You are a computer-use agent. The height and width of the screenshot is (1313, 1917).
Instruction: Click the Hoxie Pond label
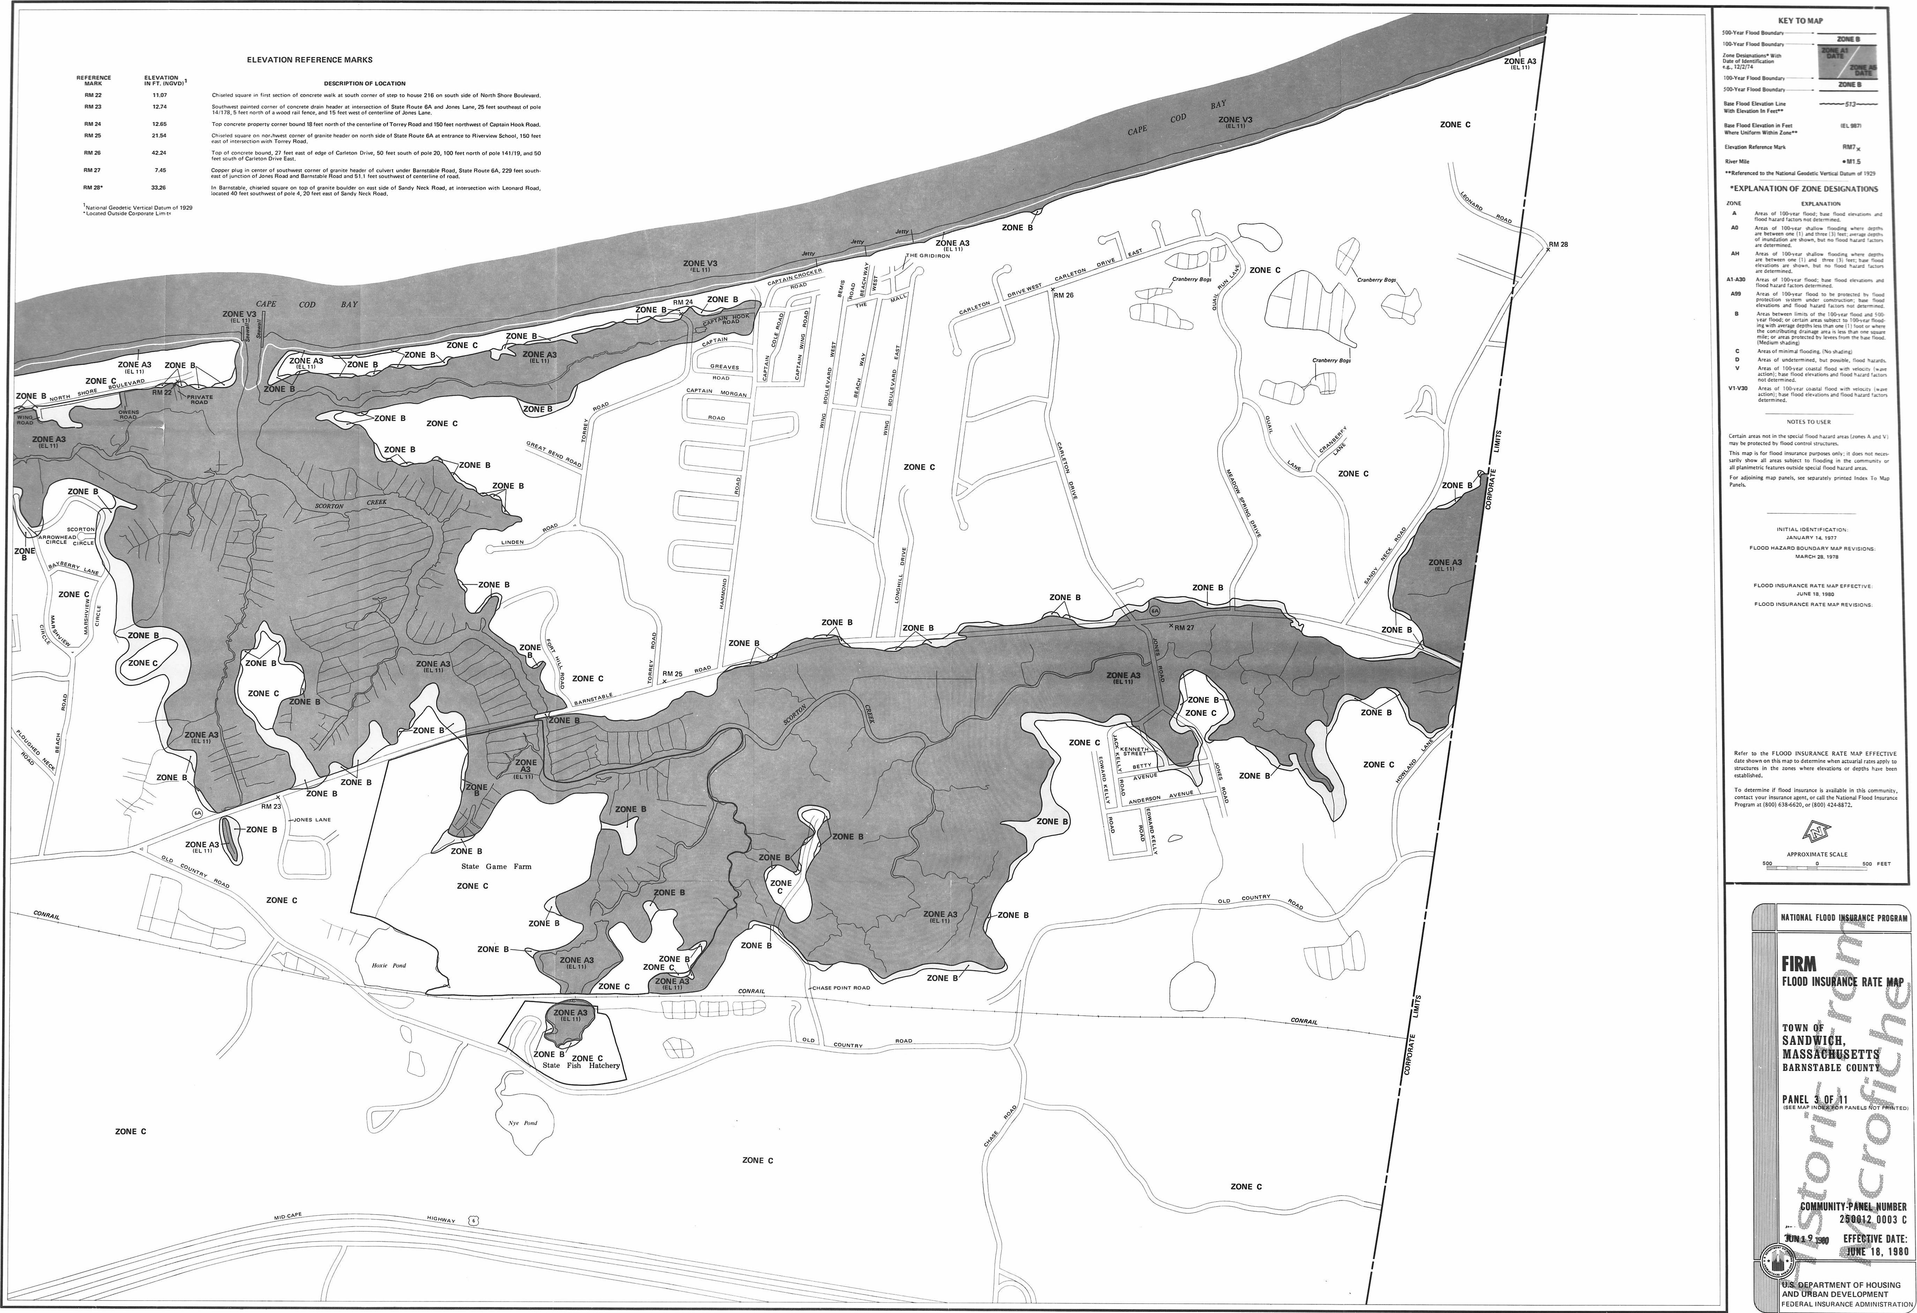389,965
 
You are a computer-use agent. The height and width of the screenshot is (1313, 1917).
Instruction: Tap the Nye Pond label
522,1122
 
